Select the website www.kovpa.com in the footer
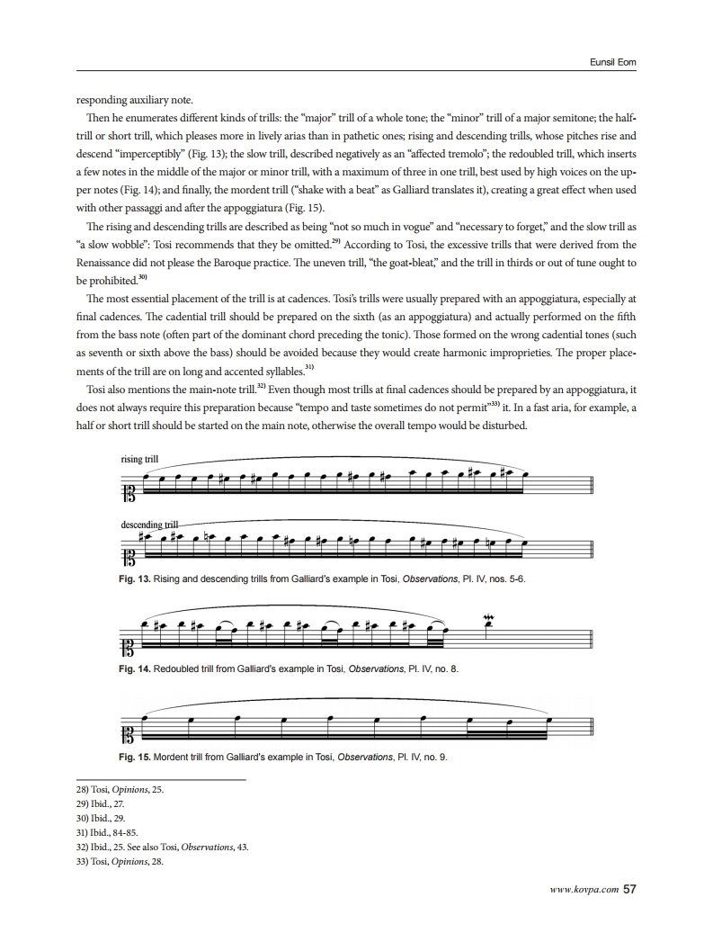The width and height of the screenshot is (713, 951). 584,891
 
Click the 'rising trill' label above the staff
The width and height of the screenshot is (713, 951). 139,460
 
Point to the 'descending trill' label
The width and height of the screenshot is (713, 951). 150,524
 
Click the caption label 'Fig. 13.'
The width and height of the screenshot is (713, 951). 135,579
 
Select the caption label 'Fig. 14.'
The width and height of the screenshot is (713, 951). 135,669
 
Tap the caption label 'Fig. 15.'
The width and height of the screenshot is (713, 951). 135,757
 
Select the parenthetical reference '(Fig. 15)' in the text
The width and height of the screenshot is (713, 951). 286,207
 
